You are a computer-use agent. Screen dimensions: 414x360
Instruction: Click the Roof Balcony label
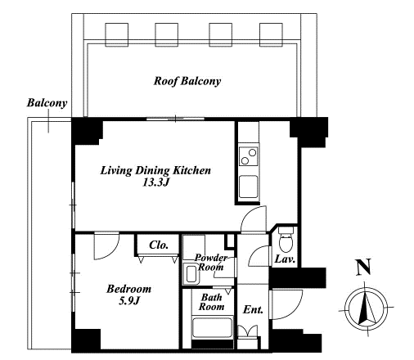coord(187,81)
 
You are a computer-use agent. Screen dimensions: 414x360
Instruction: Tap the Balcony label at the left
coord(47,103)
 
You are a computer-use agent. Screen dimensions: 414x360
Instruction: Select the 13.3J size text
coord(156,182)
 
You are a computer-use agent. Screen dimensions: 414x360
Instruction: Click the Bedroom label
coord(128,289)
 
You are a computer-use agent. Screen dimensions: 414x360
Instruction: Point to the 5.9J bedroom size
coord(129,301)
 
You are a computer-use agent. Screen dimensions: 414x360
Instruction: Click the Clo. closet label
coord(159,245)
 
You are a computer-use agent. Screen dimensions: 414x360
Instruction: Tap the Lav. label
coord(285,259)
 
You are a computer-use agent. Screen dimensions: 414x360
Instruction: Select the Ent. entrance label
coord(253,309)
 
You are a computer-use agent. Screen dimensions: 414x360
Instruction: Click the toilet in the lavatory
coord(286,240)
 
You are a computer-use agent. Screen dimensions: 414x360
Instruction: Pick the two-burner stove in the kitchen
coord(249,156)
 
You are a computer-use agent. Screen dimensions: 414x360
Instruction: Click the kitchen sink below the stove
coord(249,187)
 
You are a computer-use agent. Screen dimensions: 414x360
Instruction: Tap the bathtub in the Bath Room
coord(213,327)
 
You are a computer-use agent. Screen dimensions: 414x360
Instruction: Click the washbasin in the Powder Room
coord(191,273)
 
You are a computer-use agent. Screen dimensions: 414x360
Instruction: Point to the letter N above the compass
coord(364,268)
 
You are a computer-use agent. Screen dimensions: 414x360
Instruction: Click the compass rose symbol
coord(366,310)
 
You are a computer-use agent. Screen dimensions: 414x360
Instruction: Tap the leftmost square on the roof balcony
coord(117,34)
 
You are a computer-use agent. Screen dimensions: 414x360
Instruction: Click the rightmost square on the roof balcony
coord(271,34)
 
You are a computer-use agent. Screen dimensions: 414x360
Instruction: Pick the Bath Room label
coord(212,302)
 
